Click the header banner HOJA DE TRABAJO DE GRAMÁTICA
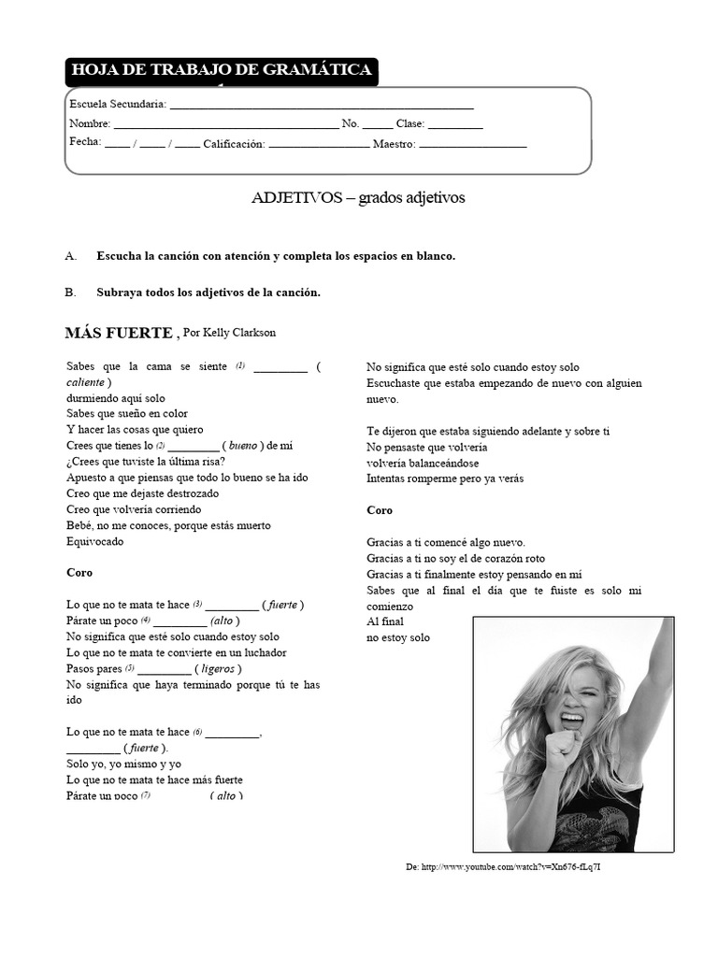click(x=222, y=71)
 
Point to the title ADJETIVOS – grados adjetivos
click(x=358, y=198)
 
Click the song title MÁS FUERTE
click(x=119, y=333)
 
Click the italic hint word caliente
click(x=86, y=382)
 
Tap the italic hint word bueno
click(x=243, y=446)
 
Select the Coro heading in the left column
click(x=79, y=573)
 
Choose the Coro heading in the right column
click(x=380, y=510)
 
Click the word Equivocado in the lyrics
click(x=94, y=541)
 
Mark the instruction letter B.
click(x=70, y=293)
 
